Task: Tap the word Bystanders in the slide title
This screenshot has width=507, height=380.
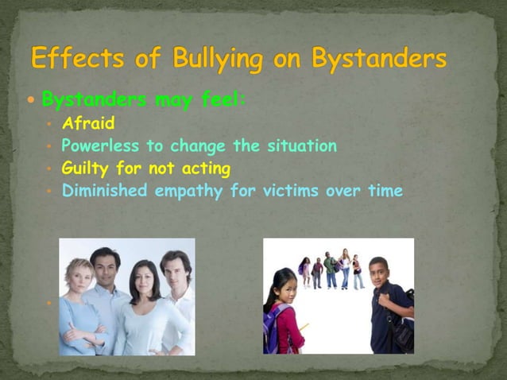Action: coord(379,60)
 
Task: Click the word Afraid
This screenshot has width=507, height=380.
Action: coord(88,124)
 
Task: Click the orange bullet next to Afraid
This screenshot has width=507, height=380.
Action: coord(48,125)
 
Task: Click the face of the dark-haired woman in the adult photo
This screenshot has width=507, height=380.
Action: coord(144,279)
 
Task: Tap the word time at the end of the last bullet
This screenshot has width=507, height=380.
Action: coord(386,191)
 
